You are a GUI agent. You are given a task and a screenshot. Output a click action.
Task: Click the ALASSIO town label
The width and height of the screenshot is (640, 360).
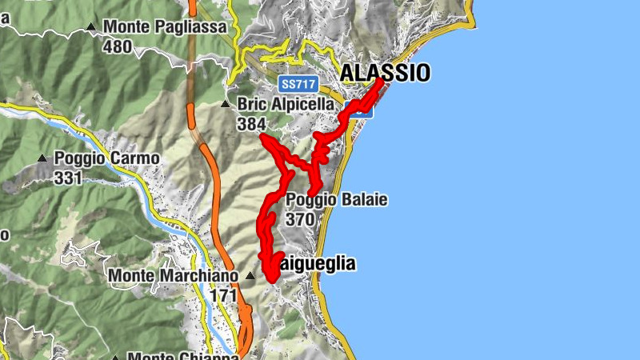pyautogui.click(x=385, y=73)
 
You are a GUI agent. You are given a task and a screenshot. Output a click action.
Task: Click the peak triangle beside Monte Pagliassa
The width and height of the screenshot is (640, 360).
pyautogui.click(x=91, y=27)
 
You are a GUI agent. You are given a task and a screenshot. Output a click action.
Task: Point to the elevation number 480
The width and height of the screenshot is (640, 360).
pyautogui.click(x=117, y=46)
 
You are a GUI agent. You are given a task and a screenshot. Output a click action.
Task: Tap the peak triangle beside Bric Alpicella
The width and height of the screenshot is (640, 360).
pyautogui.click(x=226, y=104)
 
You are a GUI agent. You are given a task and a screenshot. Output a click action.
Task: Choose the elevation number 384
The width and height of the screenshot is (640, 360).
pyautogui.click(x=251, y=124)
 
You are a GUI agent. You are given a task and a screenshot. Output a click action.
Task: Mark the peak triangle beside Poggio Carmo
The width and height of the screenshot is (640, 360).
pyautogui.click(x=42, y=158)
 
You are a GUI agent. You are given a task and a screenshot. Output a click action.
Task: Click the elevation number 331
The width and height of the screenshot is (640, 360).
pyautogui.click(x=69, y=178)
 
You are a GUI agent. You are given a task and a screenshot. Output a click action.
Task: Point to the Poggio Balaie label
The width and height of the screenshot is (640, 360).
pyautogui.click(x=336, y=199)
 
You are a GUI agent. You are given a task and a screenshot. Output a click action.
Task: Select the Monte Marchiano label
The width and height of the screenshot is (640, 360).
pyautogui.click(x=174, y=276)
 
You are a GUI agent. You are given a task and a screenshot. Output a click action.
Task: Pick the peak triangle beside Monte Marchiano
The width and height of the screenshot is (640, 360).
pyautogui.click(x=250, y=276)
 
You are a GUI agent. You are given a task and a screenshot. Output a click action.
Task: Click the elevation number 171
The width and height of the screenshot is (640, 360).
pyautogui.click(x=225, y=295)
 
